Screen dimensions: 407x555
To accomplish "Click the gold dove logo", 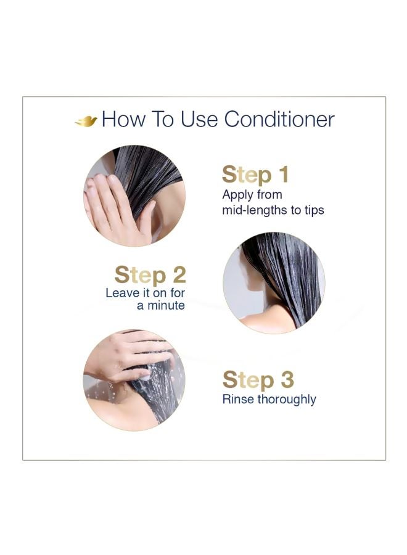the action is click(x=86, y=121).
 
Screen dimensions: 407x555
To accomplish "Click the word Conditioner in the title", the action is click(x=279, y=119).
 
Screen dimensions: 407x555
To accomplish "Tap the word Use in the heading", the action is click(x=199, y=119).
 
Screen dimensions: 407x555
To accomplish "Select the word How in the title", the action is click(x=123, y=119).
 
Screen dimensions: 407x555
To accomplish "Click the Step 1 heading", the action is click(x=255, y=175).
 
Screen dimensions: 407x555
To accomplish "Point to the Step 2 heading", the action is click(x=150, y=276).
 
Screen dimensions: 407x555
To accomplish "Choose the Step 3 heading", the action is click(x=258, y=380).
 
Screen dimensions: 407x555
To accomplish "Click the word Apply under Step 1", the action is click(x=237, y=195).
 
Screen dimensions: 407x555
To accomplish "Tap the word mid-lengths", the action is click(x=255, y=211).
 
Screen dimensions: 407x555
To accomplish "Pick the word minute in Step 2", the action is click(x=166, y=305).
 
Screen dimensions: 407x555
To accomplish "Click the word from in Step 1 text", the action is click(x=269, y=195).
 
